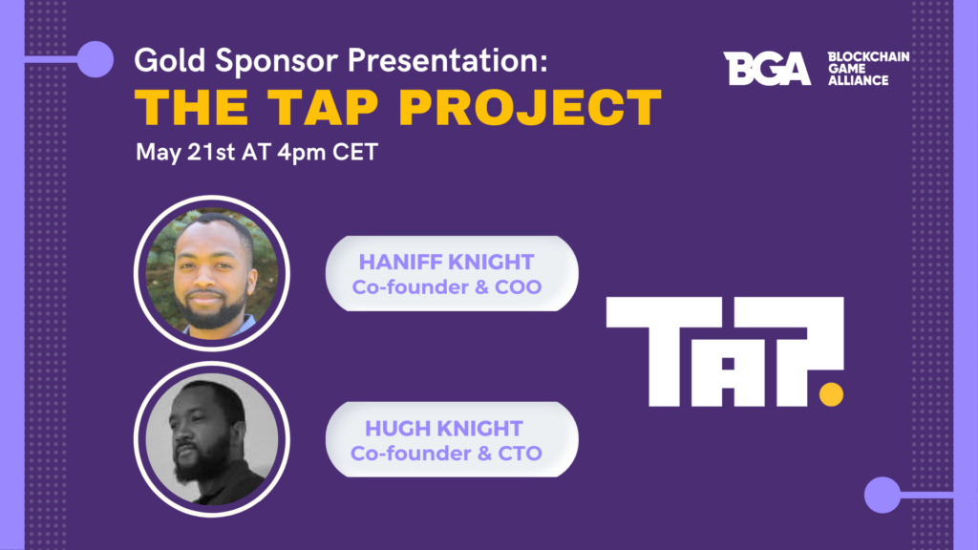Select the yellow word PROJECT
click(x=530, y=107)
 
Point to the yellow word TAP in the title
click(x=323, y=107)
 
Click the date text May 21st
click(x=186, y=152)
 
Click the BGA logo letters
click(x=767, y=68)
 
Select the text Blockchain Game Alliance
click(x=868, y=68)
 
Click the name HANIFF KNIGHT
click(x=446, y=262)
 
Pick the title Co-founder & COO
click(x=447, y=286)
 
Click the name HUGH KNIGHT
click(x=443, y=429)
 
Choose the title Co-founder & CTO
click(x=446, y=454)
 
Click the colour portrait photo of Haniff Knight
click(x=211, y=273)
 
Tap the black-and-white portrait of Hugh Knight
click(x=211, y=439)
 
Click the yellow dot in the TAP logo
click(x=831, y=394)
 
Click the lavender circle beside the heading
click(x=95, y=59)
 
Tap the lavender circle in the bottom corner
click(x=882, y=496)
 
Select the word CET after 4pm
click(x=355, y=152)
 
